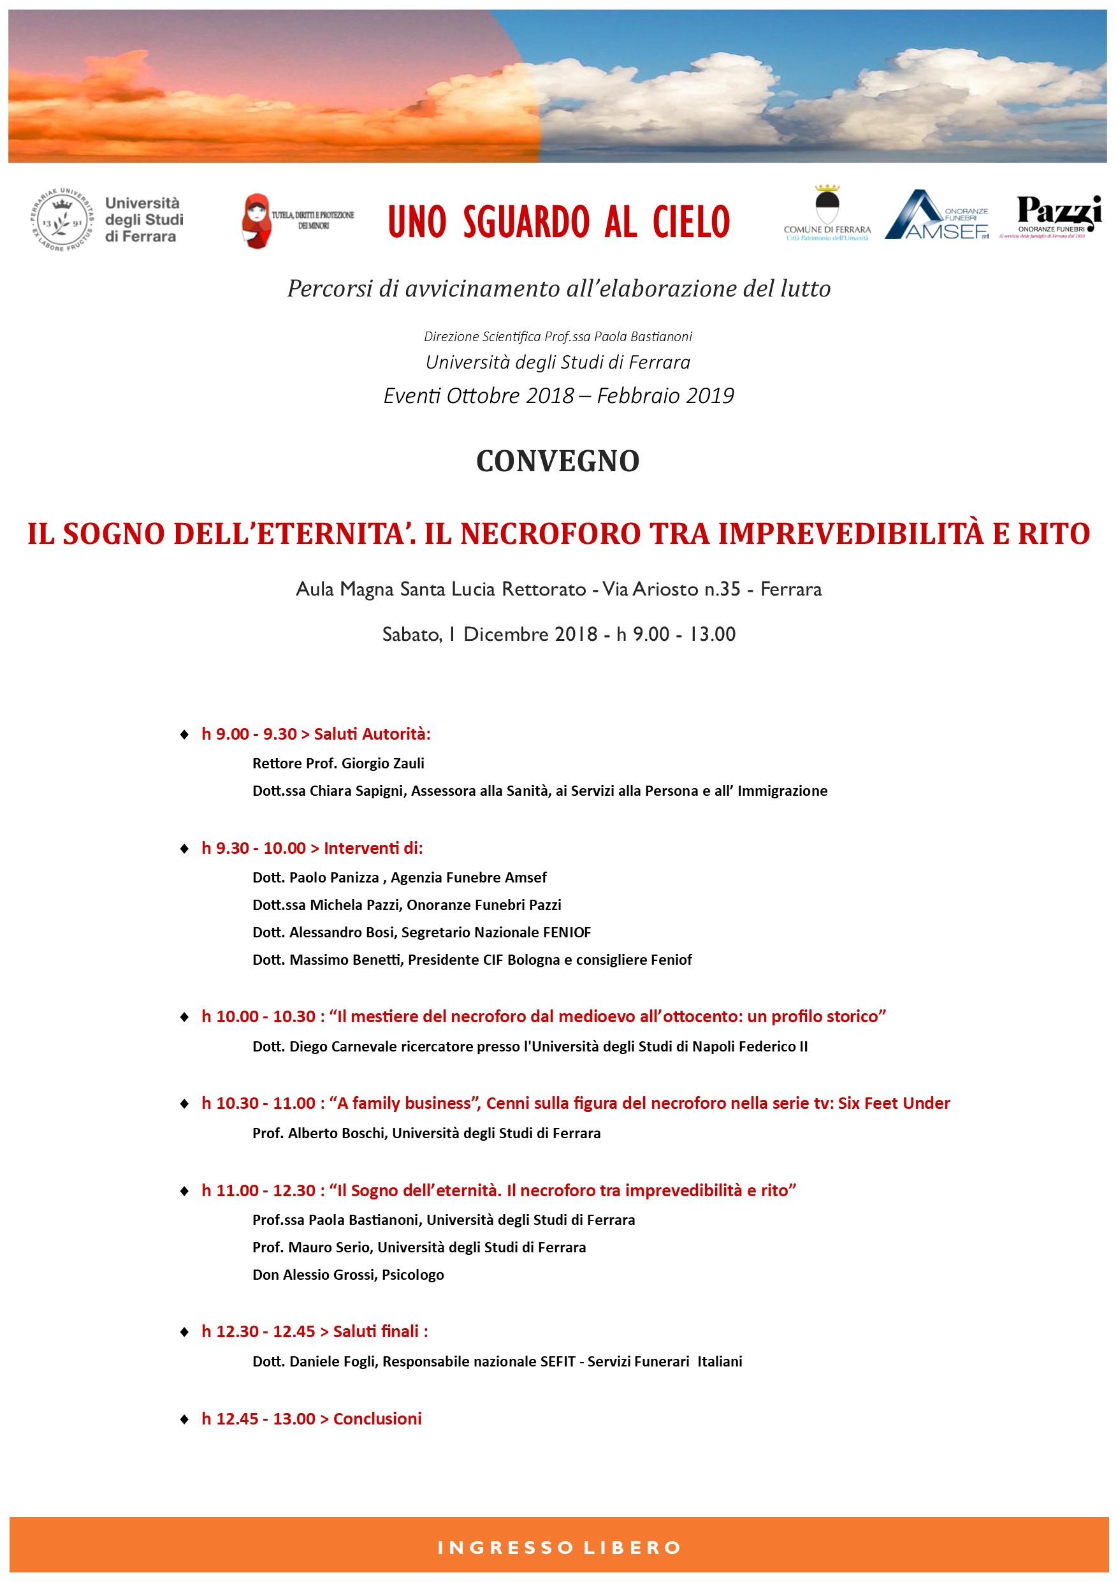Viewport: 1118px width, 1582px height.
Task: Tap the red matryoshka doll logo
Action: (257, 221)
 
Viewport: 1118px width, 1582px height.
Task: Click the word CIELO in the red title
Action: (691, 222)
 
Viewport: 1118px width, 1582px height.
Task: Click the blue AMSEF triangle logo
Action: (916, 215)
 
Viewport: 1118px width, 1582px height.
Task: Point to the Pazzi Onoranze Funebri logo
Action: (1058, 215)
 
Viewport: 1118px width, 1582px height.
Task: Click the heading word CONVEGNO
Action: (558, 462)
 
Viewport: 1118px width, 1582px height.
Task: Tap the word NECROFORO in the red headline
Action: (550, 534)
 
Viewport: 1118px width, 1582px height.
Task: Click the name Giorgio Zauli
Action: (383, 763)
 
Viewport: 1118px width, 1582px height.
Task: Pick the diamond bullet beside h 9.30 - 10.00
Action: (185, 849)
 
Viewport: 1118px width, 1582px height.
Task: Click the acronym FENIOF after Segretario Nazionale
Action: (566, 932)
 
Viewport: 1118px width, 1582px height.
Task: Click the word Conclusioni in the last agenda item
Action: (377, 1419)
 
